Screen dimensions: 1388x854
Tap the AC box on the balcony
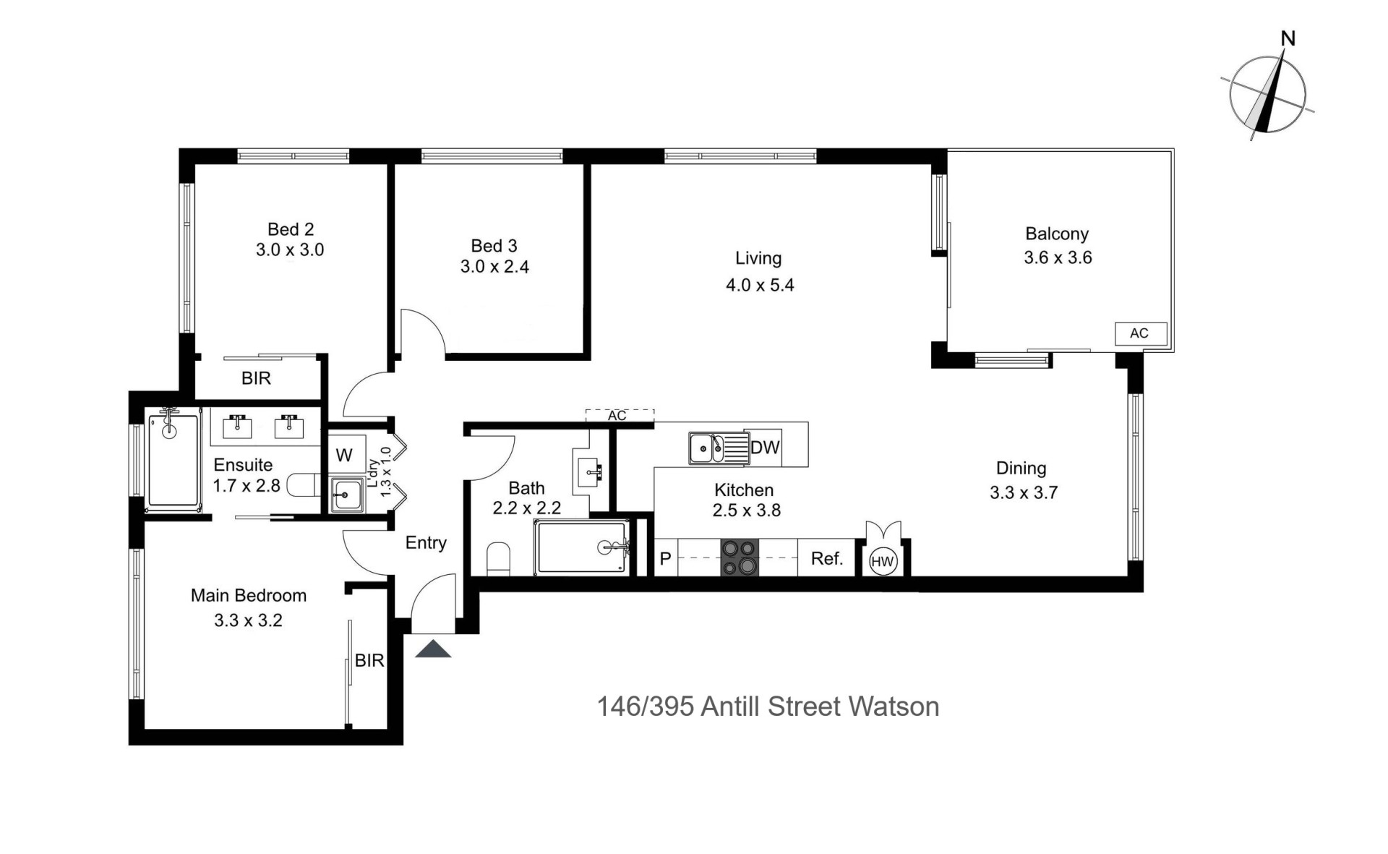[1140, 333]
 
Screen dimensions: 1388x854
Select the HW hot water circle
[883, 562]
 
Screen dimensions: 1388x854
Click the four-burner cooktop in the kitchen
[740, 558]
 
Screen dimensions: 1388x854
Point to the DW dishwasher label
[765, 448]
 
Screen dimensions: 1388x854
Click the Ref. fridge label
[827, 558]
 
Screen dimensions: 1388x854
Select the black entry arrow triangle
[433, 649]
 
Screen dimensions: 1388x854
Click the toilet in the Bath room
[498, 560]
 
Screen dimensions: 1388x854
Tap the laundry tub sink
[347, 495]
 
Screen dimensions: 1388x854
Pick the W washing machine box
[345, 455]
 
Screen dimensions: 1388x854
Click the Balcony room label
[1057, 234]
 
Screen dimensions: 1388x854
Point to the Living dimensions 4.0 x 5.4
[760, 285]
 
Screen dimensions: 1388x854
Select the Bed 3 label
[494, 246]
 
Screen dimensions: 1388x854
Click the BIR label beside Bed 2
[256, 378]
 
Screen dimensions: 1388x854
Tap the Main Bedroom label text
[249, 595]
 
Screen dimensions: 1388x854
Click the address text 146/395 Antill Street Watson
[768, 706]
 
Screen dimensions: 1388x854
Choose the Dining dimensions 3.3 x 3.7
[1024, 492]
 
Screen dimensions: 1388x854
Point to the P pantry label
[666, 559]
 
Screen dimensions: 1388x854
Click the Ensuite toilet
[304, 485]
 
